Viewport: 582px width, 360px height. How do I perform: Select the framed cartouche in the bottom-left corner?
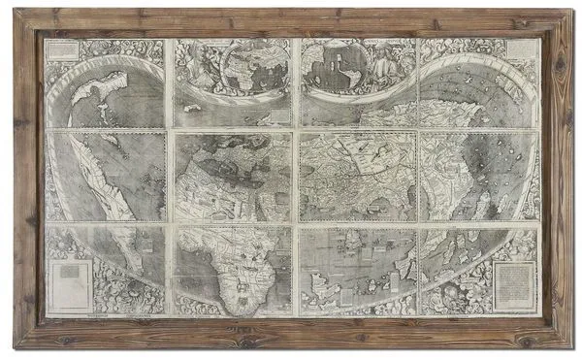pos(69,284)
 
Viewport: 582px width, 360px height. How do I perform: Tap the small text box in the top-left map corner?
pos(59,51)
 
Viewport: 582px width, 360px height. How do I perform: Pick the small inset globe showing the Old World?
pos(247,65)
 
